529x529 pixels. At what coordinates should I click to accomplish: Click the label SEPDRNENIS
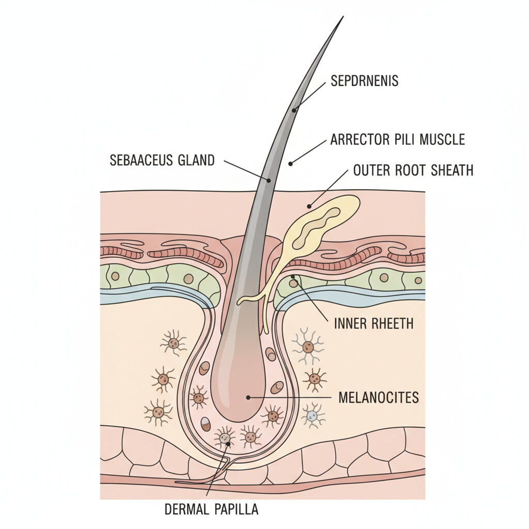point(365,82)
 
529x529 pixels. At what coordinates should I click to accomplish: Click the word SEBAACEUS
point(140,160)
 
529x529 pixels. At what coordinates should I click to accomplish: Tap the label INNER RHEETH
point(374,324)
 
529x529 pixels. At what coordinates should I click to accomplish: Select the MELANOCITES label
point(378,398)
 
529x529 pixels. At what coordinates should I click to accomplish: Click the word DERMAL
point(185,509)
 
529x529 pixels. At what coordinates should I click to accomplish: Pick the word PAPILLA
point(235,509)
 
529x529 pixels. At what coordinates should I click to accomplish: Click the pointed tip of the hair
point(342,18)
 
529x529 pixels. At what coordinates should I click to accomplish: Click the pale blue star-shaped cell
point(311,415)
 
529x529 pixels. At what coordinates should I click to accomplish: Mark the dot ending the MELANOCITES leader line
point(248,397)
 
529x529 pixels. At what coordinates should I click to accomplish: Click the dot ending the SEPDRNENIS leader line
point(293,110)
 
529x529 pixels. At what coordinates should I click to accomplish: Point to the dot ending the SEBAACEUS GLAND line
point(269,180)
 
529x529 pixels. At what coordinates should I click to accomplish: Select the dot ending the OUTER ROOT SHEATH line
point(309,206)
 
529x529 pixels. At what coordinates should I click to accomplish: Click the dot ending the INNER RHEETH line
point(292,277)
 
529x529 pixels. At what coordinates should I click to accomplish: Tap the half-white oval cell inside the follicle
point(206,424)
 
